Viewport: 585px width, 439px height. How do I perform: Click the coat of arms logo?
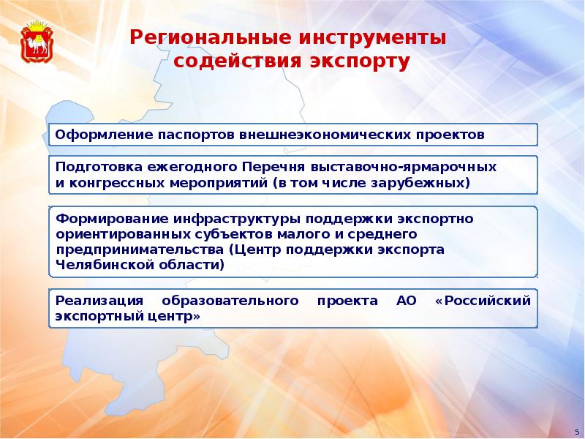[37, 41]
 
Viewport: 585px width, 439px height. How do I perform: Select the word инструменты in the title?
[371, 37]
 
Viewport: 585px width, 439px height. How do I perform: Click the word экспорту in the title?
[360, 61]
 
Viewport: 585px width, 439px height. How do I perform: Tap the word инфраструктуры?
[237, 218]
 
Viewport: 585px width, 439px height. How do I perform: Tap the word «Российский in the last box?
[483, 301]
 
